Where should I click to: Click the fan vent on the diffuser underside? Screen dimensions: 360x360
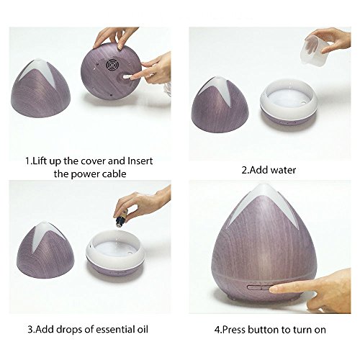coord(112,65)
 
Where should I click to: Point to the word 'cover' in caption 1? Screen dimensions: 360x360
coord(93,161)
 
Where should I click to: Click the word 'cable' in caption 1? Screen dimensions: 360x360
coord(114,174)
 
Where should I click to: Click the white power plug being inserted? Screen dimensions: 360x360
coord(125,76)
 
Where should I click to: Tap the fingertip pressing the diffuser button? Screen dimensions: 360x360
coord(274,289)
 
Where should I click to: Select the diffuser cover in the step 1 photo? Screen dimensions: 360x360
coord(41,88)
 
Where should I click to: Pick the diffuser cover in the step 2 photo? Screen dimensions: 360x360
coord(220,104)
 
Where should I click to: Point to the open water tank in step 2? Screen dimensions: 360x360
coord(289,103)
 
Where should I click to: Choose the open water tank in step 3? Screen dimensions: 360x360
coord(115,251)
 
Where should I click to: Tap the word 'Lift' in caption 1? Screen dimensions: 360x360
coord(40,161)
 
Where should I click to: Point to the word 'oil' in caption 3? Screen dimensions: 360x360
coord(143,329)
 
